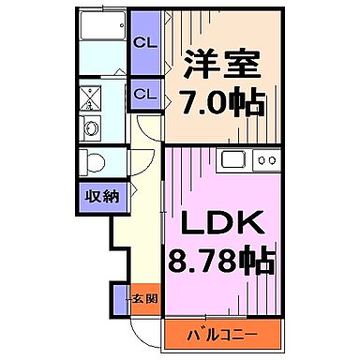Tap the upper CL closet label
[x=143, y=42]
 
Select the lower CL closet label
[x=143, y=94]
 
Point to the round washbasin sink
[x=92, y=128]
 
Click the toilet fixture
[x=94, y=161]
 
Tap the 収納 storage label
[x=102, y=196]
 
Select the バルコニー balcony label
[x=224, y=335]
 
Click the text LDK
[x=221, y=225]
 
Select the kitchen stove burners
[x=265, y=161]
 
